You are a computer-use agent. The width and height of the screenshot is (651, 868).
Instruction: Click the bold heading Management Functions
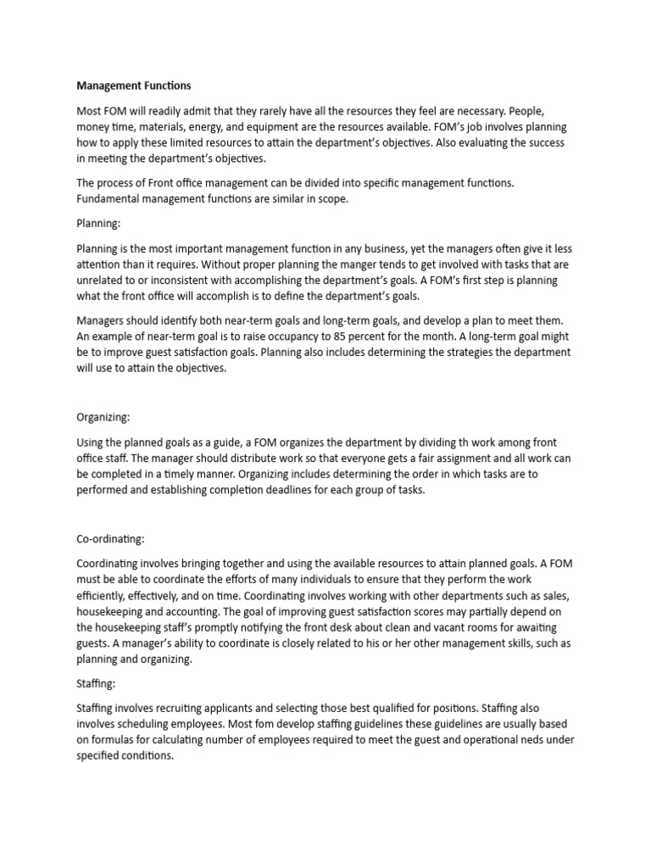click(134, 86)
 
